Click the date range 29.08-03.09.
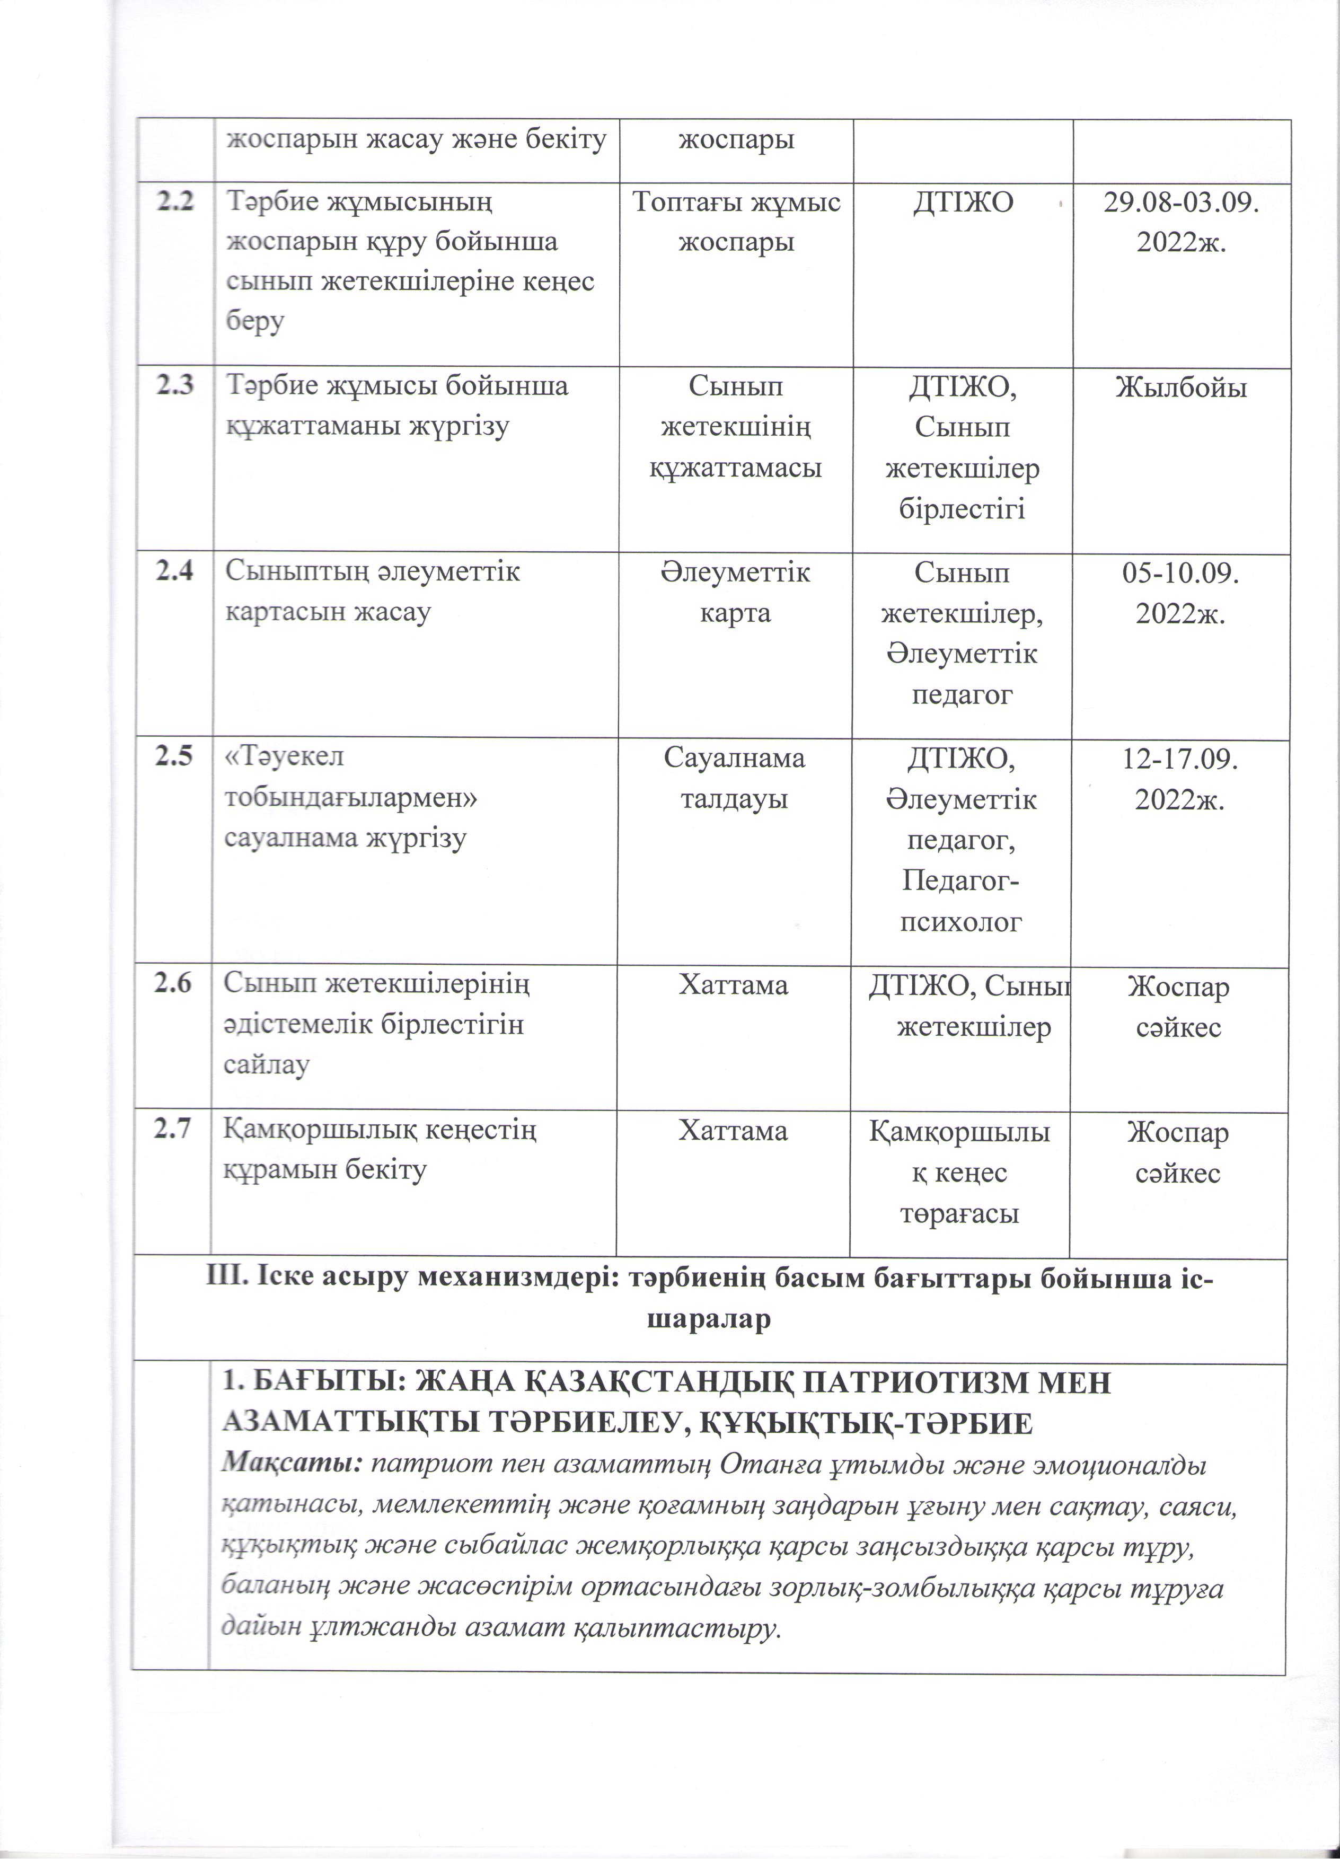point(1180,202)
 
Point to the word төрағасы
point(959,1213)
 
